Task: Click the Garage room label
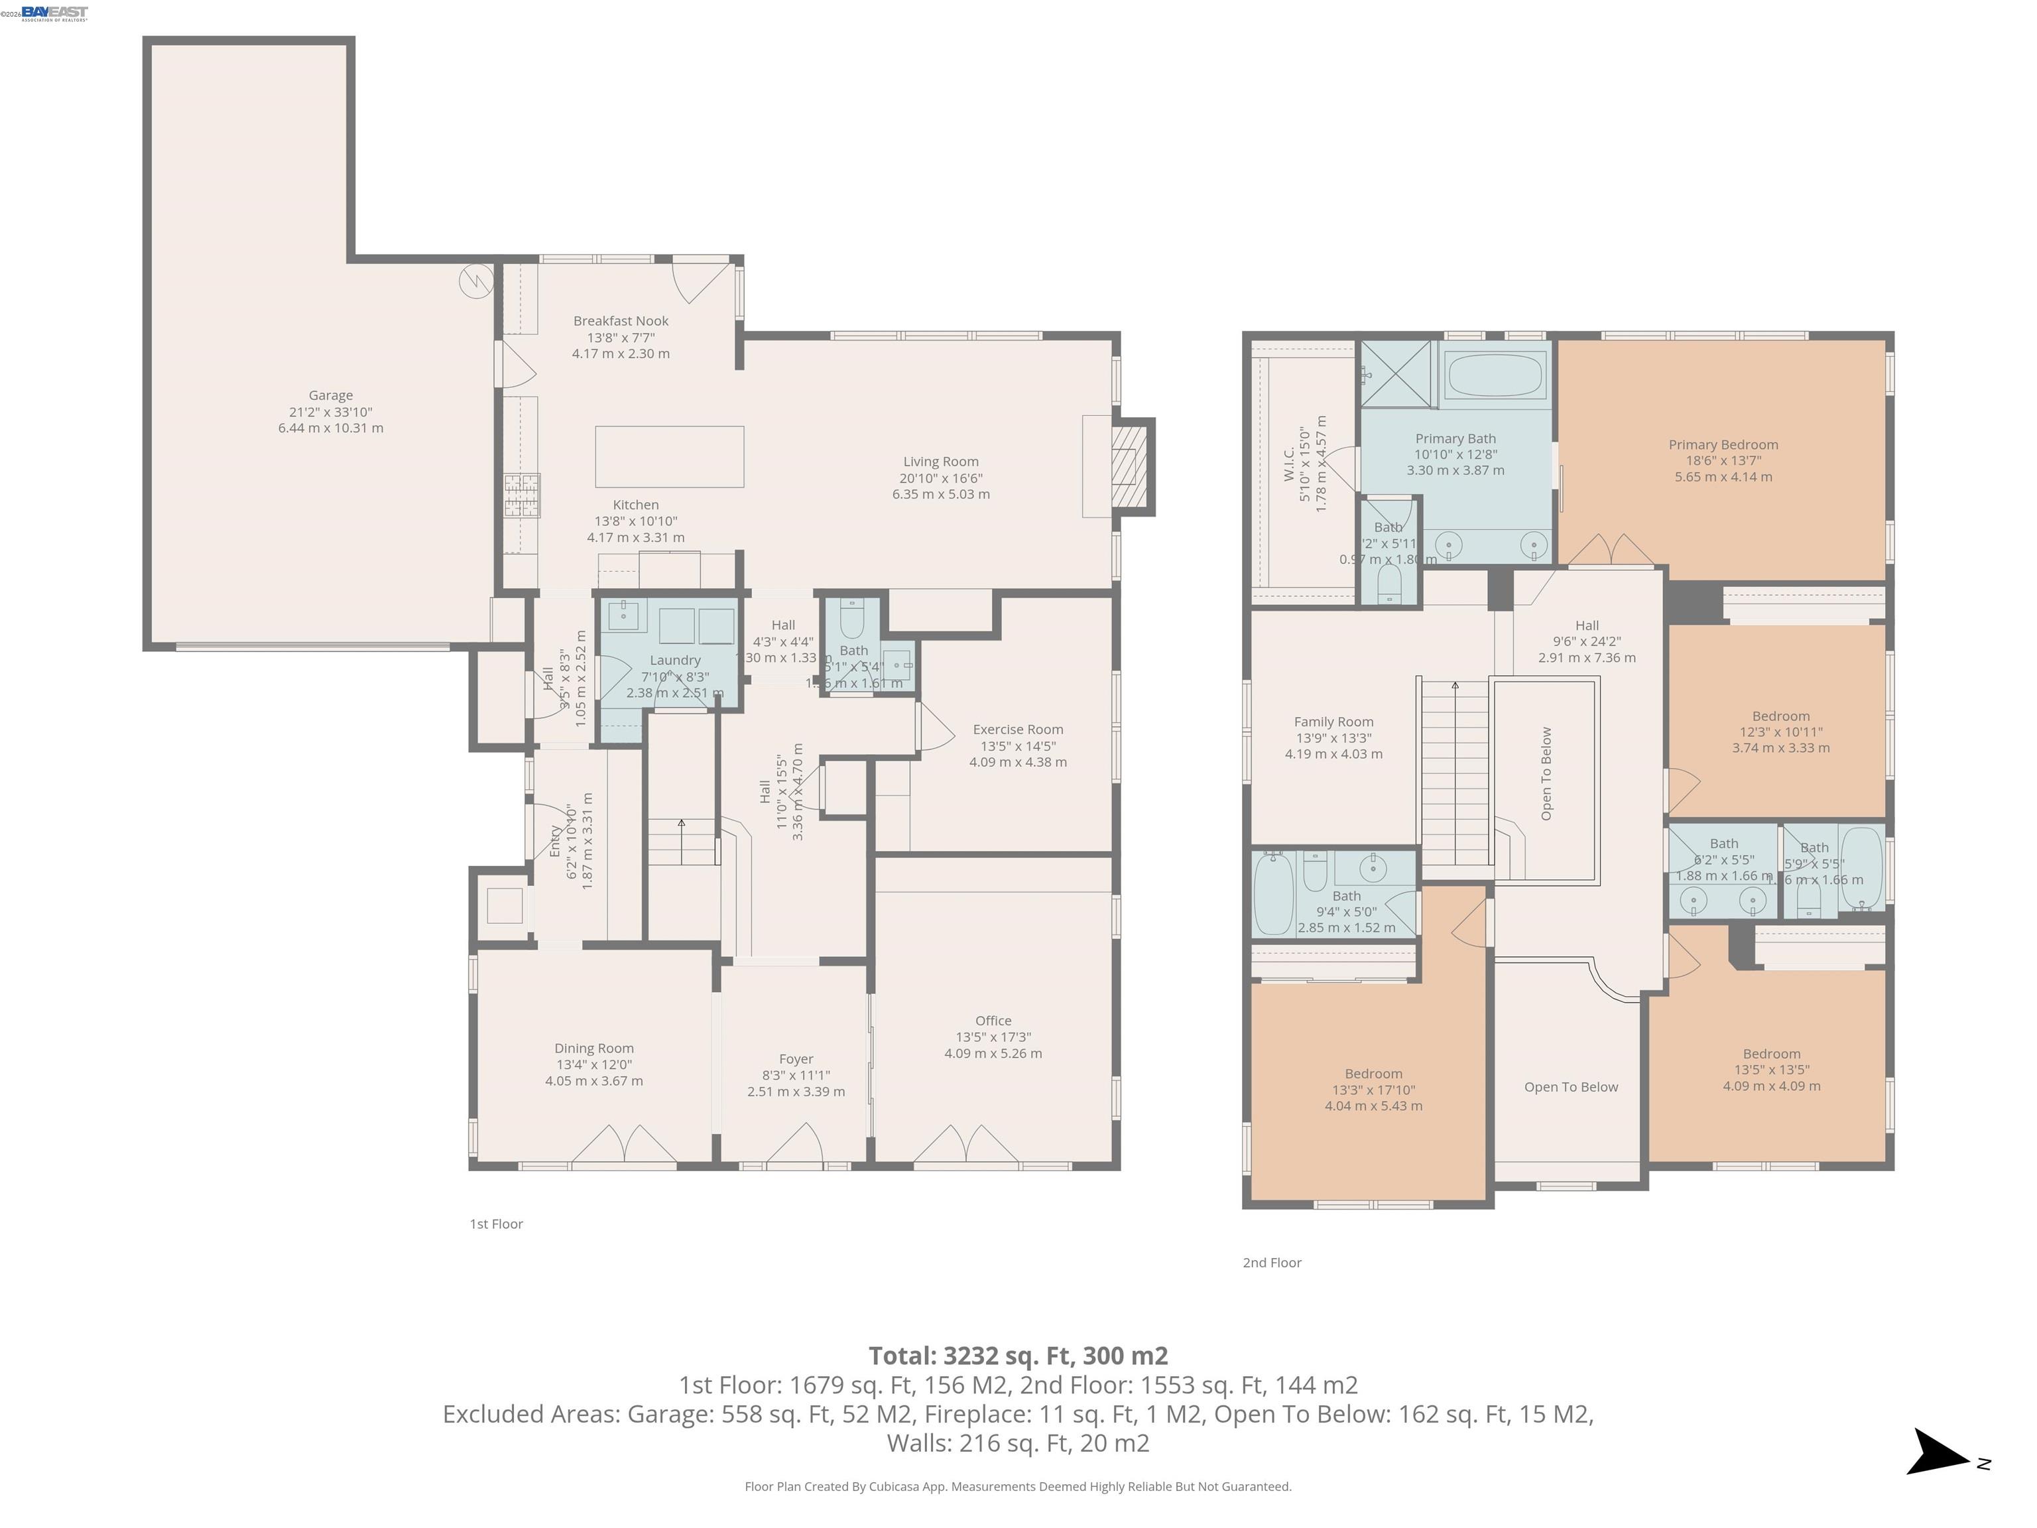pyautogui.click(x=331, y=395)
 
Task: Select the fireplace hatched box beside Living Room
pyautogui.click(x=1130, y=466)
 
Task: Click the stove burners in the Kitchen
pyautogui.click(x=521, y=495)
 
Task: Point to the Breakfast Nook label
pyautogui.click(x=621, y=320)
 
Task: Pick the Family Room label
pyautogui.click(x=1333, y=722)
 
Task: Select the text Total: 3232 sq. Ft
pyautogui.click(x=1018, y=1356)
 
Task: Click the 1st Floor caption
pyautogui.click(x=497, y=1224)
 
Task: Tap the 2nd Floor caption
pyautogui.click(x=1272, y=1263)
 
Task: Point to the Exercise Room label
pyautogui.click(x=1018, y=730)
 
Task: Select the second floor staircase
pyautogui.click(x=1455, y=774)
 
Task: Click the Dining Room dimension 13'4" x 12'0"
pyautogui.click(x=594, y=1064)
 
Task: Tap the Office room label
pyautogui.click(x=993, y=1021)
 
